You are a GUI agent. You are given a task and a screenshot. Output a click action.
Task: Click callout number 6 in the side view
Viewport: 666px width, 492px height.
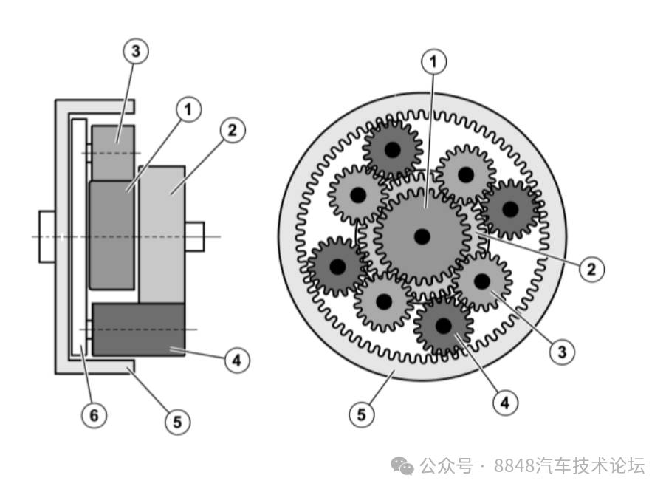(93, 415)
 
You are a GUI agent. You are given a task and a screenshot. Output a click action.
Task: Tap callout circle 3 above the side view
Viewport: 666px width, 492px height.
(135, 51)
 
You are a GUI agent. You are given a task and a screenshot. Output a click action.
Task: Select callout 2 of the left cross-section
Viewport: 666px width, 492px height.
(233, 130)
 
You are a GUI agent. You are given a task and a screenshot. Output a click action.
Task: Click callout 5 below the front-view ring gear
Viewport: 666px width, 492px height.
(362, 414)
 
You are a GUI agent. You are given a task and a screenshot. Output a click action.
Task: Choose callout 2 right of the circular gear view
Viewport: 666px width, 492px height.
(591, 269)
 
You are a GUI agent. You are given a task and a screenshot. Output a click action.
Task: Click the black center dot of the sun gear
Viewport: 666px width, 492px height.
(422, 236)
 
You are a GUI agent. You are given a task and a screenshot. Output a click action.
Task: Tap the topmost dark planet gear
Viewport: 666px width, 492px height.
(392, 149)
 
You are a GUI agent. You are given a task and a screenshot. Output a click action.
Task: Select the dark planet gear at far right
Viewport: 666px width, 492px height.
(509, 209)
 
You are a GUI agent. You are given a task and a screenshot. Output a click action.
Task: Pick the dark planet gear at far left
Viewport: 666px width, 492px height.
(338, 266)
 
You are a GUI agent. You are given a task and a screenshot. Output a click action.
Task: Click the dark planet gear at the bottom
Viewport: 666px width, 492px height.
(443, 326)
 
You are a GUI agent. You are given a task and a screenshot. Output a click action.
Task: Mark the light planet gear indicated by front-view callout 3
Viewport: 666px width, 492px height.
(481, 281)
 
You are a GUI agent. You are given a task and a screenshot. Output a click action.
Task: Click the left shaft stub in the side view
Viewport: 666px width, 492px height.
(47, 236)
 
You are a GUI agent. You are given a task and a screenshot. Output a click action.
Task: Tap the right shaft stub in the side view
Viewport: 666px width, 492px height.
(195, 236)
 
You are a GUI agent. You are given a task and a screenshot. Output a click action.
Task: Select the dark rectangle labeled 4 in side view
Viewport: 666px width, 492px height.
(138, 329)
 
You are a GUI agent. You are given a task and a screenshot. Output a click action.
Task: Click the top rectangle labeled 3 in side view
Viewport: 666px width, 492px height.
(113, 143)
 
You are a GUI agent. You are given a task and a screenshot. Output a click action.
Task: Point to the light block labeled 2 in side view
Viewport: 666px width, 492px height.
(162, 222)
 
